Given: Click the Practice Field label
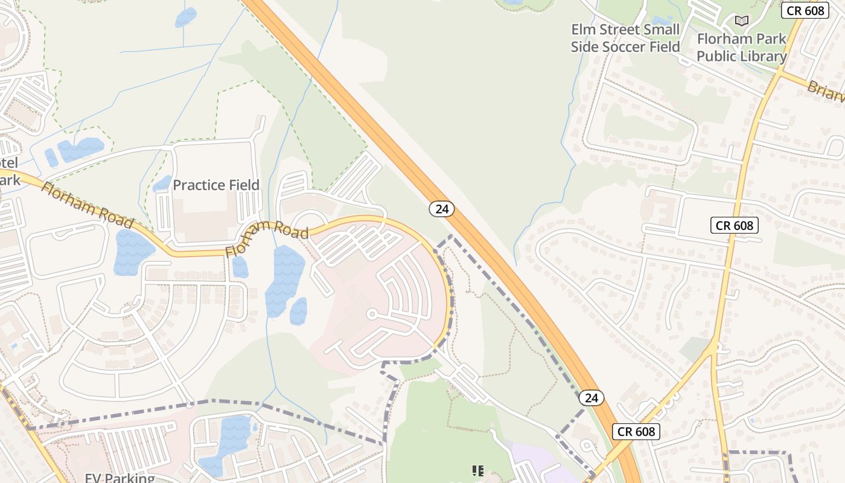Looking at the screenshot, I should tap(216, 185).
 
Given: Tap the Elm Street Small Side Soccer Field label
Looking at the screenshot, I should tap(625, 38).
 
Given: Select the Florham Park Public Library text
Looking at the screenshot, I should tap(742, 48).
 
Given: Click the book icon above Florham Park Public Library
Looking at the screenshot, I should tap(741, 21).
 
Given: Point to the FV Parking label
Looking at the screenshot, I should tap(120, 478).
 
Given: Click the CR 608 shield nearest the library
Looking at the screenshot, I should tap(805, 10).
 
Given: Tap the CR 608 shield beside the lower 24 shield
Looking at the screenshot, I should tap(636, 431).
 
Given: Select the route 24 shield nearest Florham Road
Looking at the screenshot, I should tap(442, 209).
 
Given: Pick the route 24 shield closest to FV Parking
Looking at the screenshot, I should tap(591, 397).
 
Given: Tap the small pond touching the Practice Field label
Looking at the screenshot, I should tap(162, 184).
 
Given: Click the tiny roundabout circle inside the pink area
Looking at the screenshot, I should tap(372, 314).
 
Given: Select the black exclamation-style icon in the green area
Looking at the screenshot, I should tap(478, 470).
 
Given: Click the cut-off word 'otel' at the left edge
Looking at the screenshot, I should tap(9, 162).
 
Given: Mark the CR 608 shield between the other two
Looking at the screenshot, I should tap(734, 225).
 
